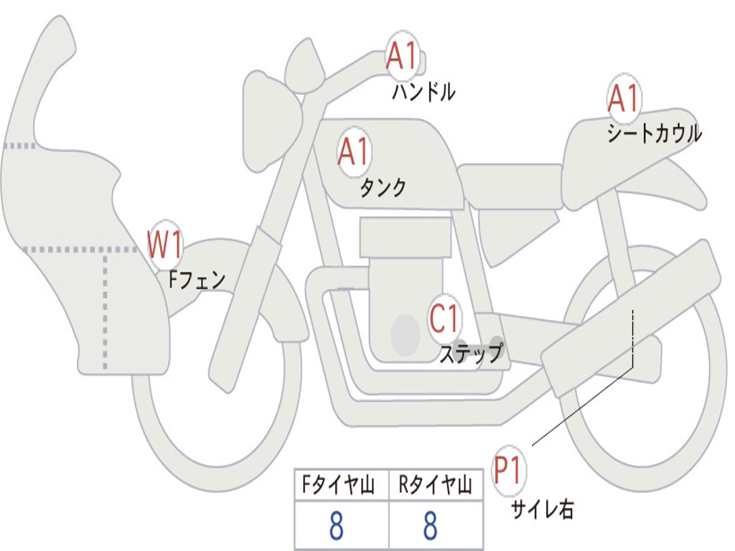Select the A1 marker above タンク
pos(353,151)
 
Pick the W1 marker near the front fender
pos(164,245)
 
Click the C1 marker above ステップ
pos(444,316)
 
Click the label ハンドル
pos(423,92)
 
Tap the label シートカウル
pos(654,134)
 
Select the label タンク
pos(383,188)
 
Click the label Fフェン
pos(197,279)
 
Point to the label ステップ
pos(471,354)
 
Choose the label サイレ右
pos(542,509)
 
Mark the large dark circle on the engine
pos(405,334)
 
